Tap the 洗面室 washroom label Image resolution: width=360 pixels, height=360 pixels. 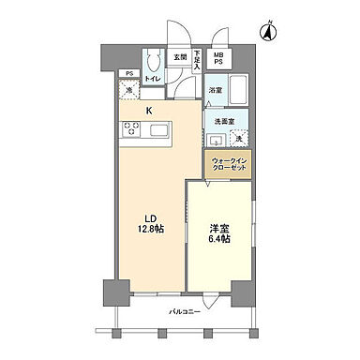[223, 121]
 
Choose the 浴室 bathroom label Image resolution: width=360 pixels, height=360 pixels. [216, 91]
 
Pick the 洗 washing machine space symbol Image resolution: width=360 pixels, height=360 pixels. [238, 139]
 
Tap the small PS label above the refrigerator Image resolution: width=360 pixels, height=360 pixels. [130, 73]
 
